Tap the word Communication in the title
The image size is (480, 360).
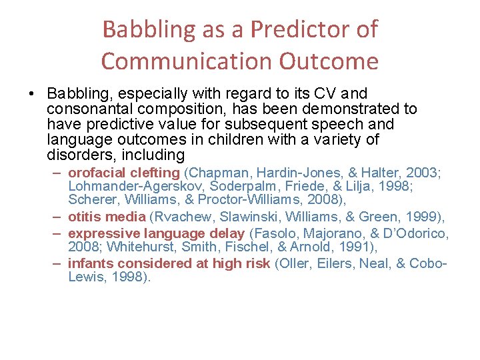coord(187,61)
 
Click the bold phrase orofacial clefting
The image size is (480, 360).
coord(123,173)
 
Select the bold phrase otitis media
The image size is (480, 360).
coord(107,216)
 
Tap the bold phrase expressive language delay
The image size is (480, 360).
coord(157,234)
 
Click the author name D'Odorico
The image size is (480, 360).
coord(415,234)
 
